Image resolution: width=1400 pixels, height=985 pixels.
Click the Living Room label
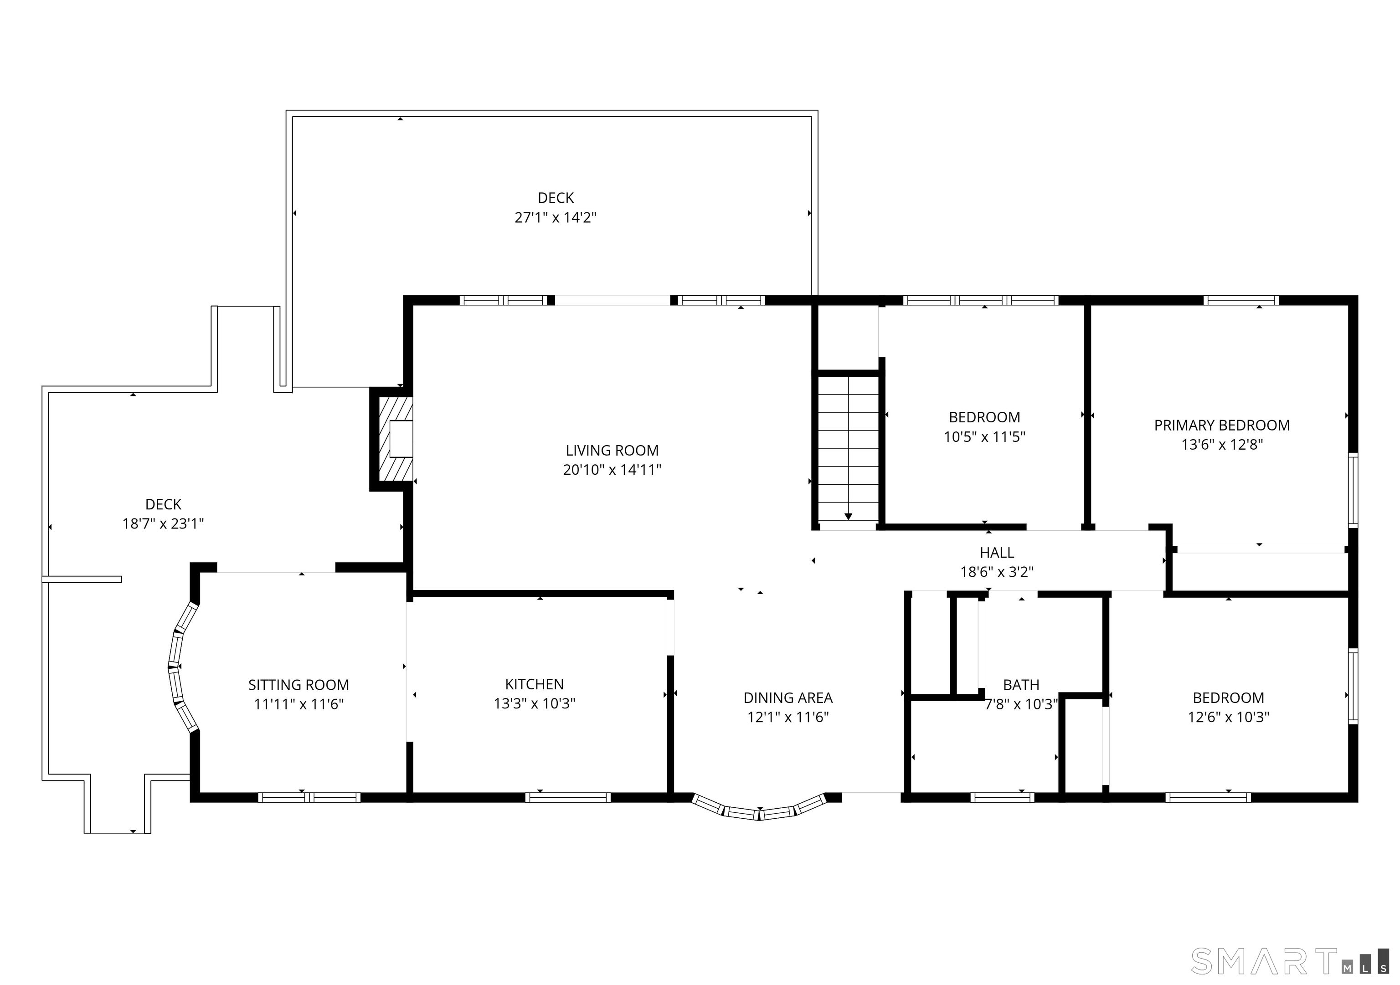(612, 451)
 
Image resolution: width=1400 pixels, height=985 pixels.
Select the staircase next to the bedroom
(848, 449)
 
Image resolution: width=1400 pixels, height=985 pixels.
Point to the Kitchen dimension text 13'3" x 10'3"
(534, 703)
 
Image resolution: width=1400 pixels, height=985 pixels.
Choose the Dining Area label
(788, 698)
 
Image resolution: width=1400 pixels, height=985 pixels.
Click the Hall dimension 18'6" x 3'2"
(997, 572)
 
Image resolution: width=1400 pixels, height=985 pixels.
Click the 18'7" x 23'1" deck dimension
(164, 523)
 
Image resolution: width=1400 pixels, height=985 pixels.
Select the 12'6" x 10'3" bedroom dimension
(1228, 717)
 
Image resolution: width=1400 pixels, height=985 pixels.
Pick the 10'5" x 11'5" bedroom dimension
(985, 436)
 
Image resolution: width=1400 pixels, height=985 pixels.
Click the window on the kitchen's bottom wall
(568, 797)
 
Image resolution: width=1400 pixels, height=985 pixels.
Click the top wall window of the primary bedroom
(1241, 300)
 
